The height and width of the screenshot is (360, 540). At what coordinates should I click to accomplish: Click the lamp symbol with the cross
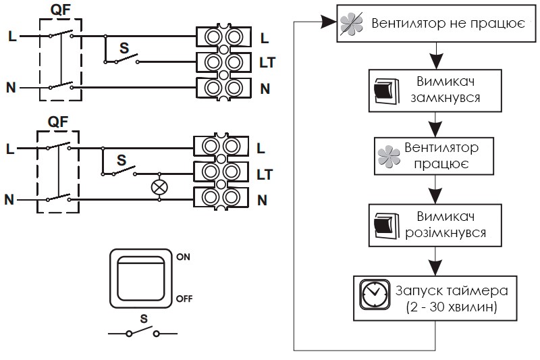click(159, 187)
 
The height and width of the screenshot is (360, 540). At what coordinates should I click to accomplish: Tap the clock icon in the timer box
click(375, 295)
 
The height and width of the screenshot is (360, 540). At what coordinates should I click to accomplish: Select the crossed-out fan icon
click(351, 24)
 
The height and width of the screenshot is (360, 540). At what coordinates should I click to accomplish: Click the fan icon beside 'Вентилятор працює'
click(389, 157)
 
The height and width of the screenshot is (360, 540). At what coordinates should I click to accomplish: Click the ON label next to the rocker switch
click(183, 257)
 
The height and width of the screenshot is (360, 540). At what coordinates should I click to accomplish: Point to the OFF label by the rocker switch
click(184, 299)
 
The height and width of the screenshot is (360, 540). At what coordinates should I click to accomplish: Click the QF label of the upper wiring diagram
click(60, 10)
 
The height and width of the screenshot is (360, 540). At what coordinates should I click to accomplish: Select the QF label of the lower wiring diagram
click(58, 122)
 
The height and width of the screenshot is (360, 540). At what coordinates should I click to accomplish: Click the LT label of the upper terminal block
click(267, 63)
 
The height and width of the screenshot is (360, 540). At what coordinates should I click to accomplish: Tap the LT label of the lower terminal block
click(265, 175)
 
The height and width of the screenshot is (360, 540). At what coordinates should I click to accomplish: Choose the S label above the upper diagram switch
click(124, 48)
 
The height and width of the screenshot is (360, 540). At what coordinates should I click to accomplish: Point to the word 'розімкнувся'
click(446, 233)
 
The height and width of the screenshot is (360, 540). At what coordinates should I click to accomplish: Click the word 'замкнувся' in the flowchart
click(446, 98)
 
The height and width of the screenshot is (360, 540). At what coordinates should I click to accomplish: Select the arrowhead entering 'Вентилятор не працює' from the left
click(328, 22)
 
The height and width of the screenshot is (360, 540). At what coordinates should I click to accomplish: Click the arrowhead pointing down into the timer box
click(435, 267)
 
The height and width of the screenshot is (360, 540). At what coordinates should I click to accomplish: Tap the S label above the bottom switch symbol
click(144, 319)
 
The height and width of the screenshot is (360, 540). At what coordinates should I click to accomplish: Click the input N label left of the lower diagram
click(9, 199)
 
